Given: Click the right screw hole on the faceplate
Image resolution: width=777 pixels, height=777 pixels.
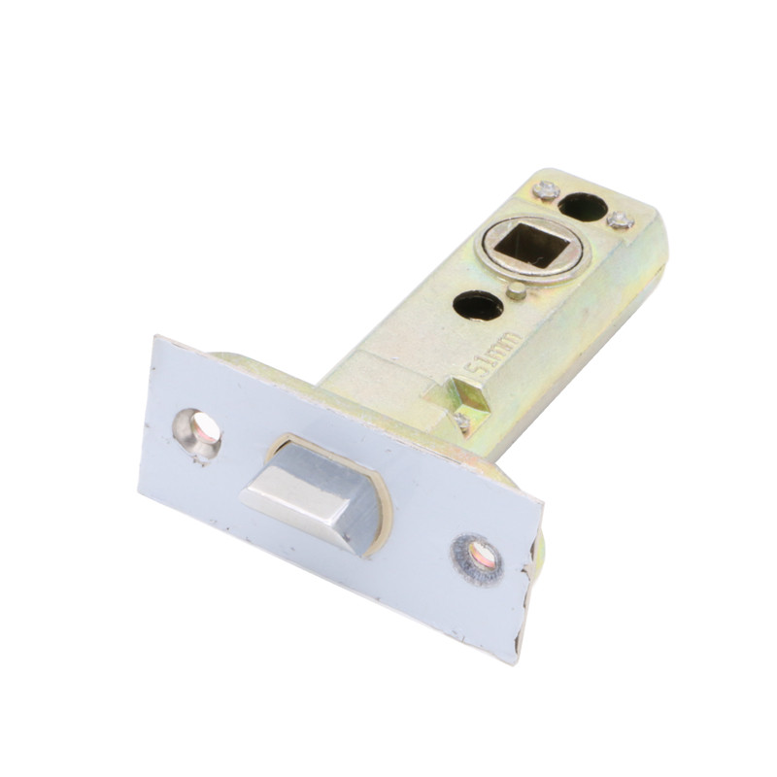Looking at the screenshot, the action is click(478, 558).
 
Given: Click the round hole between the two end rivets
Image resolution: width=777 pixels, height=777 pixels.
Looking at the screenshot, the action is click(582, 206).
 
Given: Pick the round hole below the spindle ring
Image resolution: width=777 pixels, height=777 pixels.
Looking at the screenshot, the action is click(478, 305).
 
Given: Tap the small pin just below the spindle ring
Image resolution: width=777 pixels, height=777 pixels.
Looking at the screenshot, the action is click(517, 291).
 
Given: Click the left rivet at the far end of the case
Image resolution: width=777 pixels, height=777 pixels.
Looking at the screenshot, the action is click(546, 189).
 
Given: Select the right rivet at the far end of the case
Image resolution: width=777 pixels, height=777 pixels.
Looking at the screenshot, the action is click(621, 220).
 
